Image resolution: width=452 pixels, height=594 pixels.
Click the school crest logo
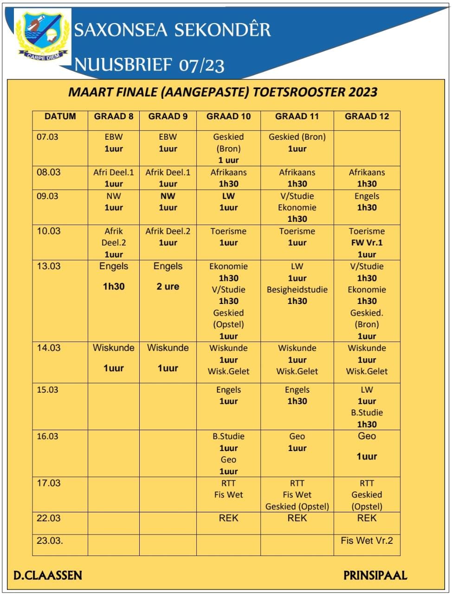(42, 37)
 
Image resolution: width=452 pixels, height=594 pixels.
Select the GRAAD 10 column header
(228, 116)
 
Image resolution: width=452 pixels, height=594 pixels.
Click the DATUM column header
(60, 116)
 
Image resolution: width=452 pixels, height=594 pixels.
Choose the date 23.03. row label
(49, 540)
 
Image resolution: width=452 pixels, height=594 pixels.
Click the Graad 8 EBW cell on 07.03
(114, 137)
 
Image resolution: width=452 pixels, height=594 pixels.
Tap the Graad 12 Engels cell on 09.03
(367, 196)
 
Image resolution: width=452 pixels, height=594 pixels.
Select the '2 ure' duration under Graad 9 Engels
(168, 286)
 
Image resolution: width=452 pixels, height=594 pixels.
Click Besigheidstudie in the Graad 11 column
(297, 290)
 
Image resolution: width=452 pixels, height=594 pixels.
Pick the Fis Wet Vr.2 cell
(367, 540)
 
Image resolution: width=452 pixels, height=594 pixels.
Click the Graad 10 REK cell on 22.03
(228, 518)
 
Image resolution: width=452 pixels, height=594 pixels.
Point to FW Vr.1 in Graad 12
(367, 243)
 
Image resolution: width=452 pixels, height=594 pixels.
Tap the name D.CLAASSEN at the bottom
(48, 576)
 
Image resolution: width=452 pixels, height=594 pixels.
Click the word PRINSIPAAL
(375, 576)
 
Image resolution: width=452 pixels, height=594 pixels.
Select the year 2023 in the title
(358, 92)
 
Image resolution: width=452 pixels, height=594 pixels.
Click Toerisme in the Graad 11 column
(297, 231)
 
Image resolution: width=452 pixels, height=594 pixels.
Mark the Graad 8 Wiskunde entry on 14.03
(114, 348)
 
